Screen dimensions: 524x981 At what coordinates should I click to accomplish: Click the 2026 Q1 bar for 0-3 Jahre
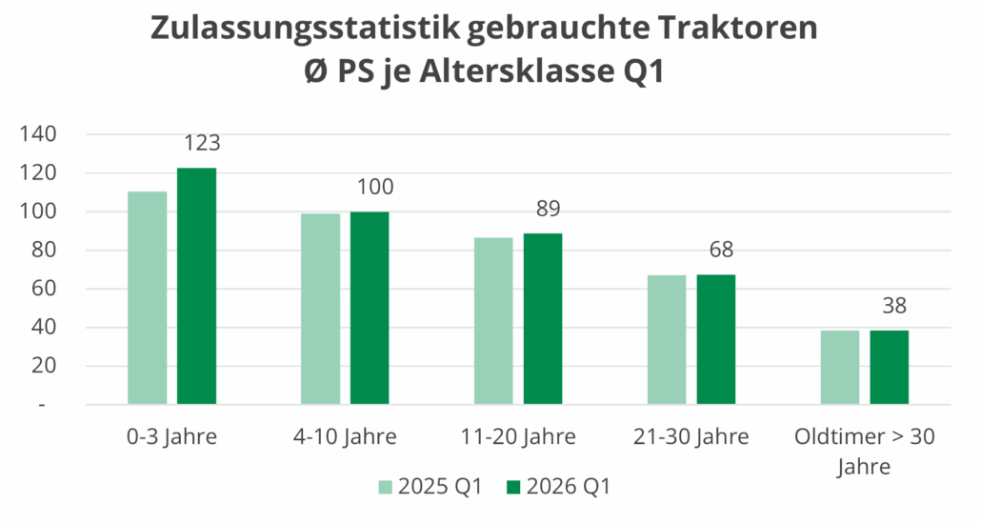[196, 286]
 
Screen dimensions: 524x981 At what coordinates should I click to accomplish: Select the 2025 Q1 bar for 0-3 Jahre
[147, 298]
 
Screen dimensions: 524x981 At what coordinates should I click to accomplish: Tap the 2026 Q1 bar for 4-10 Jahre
[370, 308]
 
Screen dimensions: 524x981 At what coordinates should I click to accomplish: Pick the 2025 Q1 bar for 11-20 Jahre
[493, 321]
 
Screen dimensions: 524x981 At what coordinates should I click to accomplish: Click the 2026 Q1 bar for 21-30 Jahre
[716, 339]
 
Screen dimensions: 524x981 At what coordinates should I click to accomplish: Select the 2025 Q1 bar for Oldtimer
[840, 367]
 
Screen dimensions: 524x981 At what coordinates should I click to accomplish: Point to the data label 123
[202, 144]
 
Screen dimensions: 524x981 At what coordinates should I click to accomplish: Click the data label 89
[549, 210]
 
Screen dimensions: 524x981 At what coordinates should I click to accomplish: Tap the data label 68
[722, 251]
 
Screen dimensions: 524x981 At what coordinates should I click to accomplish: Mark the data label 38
[894, 307]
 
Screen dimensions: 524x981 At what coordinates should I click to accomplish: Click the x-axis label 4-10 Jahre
[345, 437]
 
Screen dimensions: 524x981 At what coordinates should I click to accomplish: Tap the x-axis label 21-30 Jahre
[691, 437]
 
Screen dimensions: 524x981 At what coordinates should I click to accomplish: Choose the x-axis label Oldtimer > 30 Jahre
[865, 452]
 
